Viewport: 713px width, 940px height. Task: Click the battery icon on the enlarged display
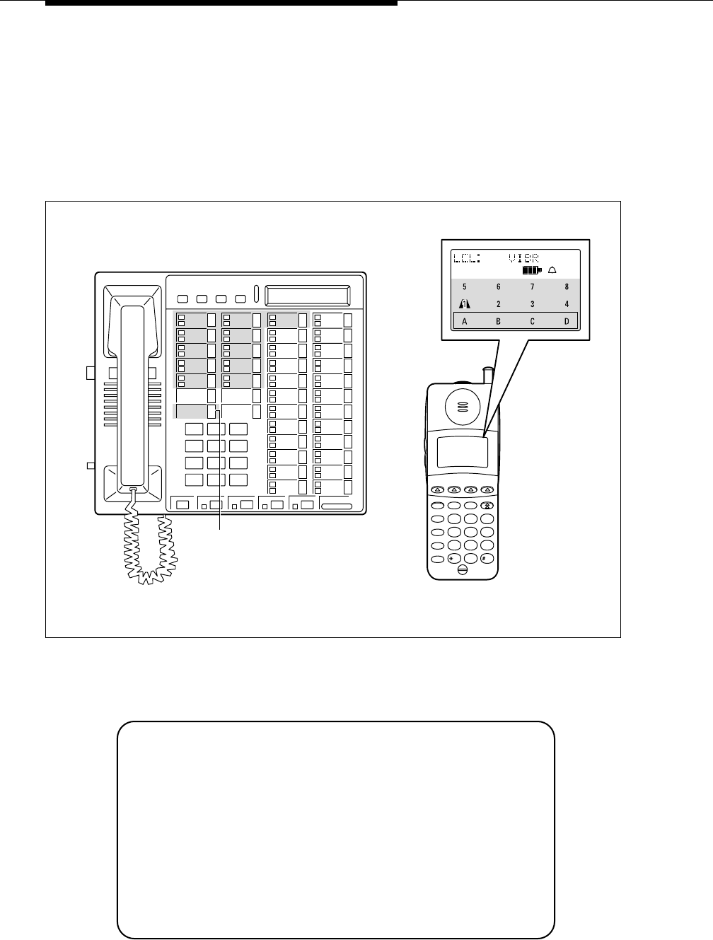tap(531, 269)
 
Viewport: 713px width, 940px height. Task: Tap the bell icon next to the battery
tap(552, 269)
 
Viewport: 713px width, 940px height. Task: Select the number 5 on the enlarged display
tap(464, 287)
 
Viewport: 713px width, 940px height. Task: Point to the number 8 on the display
tap(567, 287)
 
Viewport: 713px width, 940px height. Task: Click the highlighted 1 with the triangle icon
tap(465, 304)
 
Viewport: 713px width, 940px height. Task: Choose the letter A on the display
tap(465, 321)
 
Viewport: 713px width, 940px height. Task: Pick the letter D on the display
tap(567, 321)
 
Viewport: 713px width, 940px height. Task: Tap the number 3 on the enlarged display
tap(533, 304)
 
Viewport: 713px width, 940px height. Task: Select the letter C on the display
tap(533, 321)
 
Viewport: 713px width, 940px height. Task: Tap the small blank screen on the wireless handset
tap(462, 451)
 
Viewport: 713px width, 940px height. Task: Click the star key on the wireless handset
tap(453, 557)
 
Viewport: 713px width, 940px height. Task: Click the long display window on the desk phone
tap(308, 295)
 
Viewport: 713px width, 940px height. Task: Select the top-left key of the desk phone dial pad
tap(194, 429)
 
